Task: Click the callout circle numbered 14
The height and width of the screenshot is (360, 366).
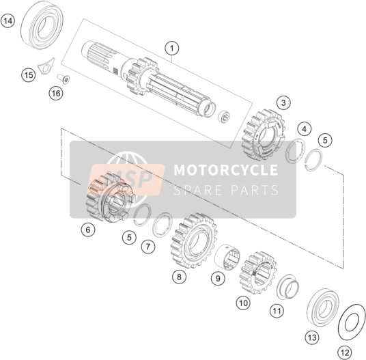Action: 8,21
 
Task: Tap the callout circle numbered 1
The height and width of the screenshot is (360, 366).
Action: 172,49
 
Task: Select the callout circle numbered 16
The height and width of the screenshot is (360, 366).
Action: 56,94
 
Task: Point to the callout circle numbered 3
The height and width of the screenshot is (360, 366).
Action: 283,102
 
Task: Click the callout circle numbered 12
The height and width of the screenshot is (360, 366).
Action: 345,352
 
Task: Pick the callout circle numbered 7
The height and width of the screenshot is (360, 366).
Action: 147,246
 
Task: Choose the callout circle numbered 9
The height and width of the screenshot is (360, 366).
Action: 218,278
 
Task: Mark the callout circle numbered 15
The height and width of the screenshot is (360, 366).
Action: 29,75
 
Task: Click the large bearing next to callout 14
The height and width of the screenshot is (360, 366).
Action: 42,25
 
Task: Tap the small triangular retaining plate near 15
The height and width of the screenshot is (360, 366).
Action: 46,66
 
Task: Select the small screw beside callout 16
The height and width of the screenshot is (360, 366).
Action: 64,78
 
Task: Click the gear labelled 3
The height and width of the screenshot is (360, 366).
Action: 264,135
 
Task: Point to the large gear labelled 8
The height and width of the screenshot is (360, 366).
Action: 194,240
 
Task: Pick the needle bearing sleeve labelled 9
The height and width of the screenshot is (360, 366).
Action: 227,256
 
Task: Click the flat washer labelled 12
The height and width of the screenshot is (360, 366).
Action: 352,322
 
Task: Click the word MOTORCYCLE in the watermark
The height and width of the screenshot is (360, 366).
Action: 226,169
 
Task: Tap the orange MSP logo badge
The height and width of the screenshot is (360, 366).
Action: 127,179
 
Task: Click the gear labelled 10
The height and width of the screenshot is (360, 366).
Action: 257,273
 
